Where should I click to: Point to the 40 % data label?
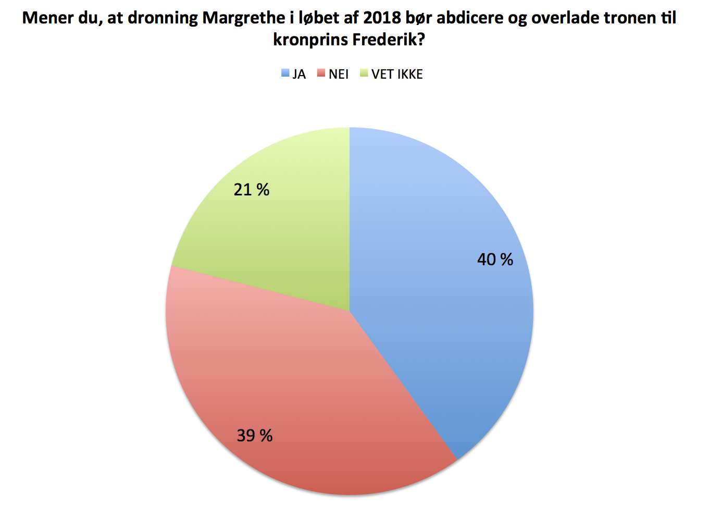pos(495,259)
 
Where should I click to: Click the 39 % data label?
pos(254,436)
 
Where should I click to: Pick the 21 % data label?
pos(251,190)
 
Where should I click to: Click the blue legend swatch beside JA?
pos(285,73)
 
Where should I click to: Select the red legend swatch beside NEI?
pos(321,73)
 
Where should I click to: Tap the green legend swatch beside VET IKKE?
pos(364,73)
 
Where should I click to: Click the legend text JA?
pos(299,75)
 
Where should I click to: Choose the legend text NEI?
pos(339,75)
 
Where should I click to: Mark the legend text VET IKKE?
pos(397,75)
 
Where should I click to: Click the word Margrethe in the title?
pos(243,18)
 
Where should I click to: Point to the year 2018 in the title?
pos(382,18)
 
